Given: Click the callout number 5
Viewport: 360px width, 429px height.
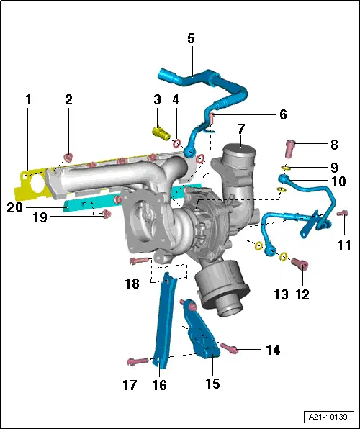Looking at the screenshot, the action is tap(191, 38).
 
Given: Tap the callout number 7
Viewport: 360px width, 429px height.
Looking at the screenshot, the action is tap(241, 129).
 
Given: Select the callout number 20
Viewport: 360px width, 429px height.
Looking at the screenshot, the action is tap(15, 207).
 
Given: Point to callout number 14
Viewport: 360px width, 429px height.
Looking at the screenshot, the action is tap(273, 350).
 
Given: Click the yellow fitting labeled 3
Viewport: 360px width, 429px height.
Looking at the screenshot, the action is tap(161, 133).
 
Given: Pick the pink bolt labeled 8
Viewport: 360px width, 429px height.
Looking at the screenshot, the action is tap(290, 148).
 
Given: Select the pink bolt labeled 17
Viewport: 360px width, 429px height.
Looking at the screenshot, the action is tap(138, 361).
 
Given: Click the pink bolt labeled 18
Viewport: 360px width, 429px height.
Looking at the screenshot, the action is tap(140, 261).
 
